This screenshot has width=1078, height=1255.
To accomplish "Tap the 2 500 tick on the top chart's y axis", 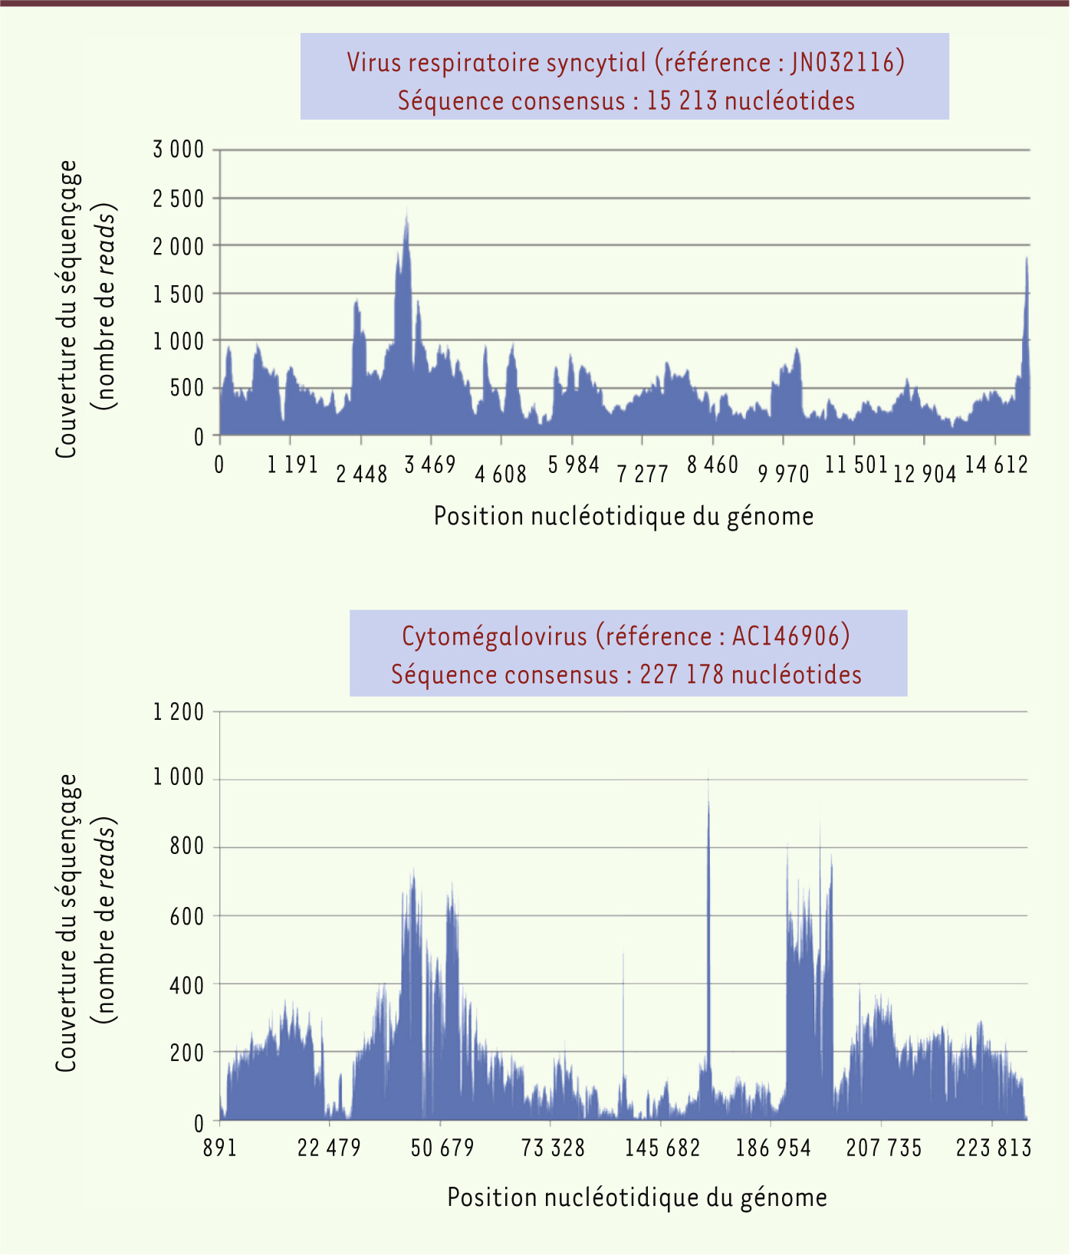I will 179,199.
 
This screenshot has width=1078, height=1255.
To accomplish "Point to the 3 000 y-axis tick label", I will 179,149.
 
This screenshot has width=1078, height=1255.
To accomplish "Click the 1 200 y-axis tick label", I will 179,712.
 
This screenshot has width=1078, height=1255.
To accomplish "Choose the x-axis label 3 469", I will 430,465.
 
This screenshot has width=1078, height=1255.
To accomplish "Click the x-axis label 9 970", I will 784,475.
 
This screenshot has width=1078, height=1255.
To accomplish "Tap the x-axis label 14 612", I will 996,465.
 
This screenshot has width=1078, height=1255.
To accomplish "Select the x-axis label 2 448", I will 362,475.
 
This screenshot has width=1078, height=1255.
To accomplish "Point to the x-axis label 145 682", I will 662,1148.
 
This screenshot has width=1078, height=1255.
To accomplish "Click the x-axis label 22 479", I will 329,1148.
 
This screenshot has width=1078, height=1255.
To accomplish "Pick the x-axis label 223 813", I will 993,1148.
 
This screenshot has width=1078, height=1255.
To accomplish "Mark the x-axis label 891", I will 220,1148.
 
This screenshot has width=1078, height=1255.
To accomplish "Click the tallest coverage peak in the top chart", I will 406,212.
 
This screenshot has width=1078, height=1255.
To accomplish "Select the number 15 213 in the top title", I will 681,101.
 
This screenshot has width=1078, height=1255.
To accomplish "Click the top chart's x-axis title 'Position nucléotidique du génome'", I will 623,516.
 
